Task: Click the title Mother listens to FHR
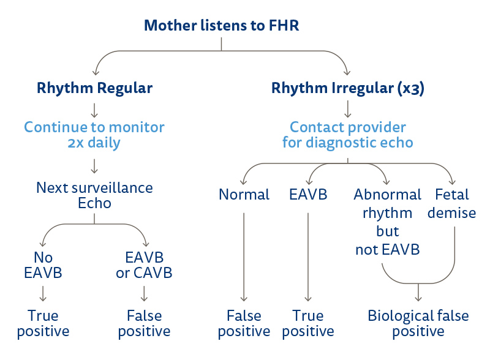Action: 221,26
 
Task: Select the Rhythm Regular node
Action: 94,88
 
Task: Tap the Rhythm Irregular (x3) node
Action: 348,88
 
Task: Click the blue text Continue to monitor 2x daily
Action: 94,135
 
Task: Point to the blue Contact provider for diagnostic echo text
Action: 348,135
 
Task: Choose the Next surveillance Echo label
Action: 94,195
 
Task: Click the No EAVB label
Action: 43,265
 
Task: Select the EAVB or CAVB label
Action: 144,265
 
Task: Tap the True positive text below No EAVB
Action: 43,323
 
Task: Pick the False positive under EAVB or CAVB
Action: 144,323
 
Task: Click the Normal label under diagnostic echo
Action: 244,195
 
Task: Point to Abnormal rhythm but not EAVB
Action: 387,222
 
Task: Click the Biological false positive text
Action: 418,323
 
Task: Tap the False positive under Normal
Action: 244,323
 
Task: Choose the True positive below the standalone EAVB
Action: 308,323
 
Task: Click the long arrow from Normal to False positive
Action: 244,257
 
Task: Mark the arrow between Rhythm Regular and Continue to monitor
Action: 94,110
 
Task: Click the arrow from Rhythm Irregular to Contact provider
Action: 348,110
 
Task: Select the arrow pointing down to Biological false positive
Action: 418,293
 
